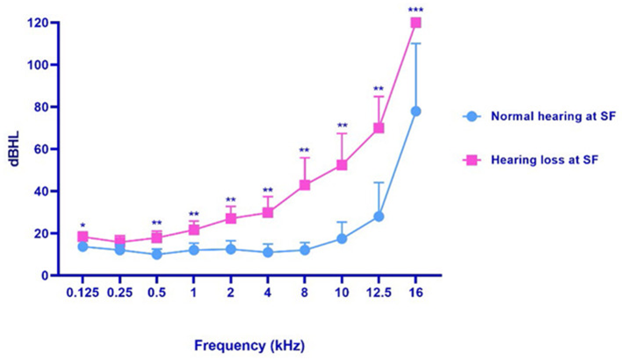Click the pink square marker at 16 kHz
pyautogui.click(x=416, y=23)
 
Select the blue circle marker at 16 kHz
pyautogui.click(x=416, y=111)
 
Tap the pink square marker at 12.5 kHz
pyautogui.click(x=379, y=128)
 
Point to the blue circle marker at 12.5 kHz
pyautogui.click(x=379, y=216)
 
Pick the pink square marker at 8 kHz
pyautogui.click(x=305, y=185)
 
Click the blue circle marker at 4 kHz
pyautogui.click(x=268, y=252)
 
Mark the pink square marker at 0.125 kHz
pyautogui.click(x=83, y=236)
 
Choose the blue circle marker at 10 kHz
pyautogui.click(x=343, y=238)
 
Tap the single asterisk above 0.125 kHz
pyautogui.click(x=83, y=225)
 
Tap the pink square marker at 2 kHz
pyautogui.click(x=231, y=218)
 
